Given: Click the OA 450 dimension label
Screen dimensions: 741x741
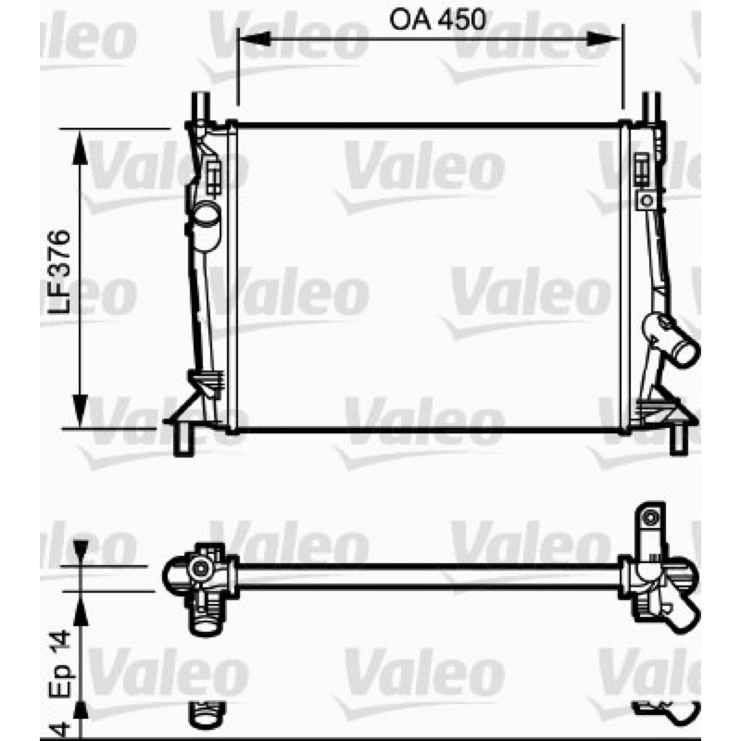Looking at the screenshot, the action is click(437, 19).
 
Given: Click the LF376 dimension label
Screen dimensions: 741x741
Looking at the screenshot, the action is click(59, 272).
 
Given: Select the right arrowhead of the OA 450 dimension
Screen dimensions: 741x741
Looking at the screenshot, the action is click(604, 39).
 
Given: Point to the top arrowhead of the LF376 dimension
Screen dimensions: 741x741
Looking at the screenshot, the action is click(80, 147).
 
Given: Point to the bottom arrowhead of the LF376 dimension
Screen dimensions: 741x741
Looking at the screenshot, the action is click(80, 410).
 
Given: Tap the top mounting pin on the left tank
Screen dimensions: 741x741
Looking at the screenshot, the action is click(200, 107).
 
